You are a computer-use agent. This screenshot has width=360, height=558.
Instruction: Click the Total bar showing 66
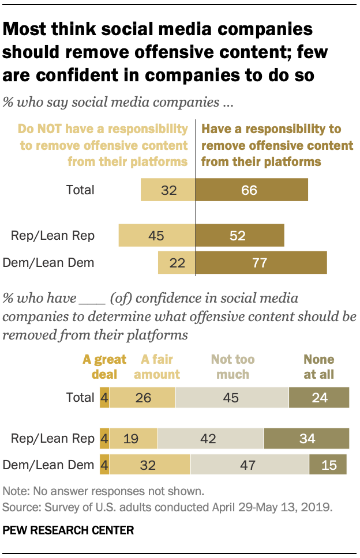coord(252,190)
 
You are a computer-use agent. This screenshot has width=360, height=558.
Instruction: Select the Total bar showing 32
coord(168,190)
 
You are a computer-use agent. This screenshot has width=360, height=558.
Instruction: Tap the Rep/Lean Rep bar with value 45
coord(157,235)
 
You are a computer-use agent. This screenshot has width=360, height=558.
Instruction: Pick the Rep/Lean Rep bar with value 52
coord(239,235)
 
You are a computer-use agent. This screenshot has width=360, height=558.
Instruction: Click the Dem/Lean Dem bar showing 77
coord(261,263)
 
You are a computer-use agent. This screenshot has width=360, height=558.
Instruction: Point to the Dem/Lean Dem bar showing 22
coord(177,263)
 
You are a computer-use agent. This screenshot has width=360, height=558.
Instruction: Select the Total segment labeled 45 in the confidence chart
coord(231,398)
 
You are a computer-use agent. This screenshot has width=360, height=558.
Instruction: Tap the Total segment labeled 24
coord(318,398)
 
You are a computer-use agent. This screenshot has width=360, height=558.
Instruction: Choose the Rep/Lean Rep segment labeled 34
coord(306,439)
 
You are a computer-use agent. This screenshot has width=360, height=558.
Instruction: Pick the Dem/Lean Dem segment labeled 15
coord(328,465)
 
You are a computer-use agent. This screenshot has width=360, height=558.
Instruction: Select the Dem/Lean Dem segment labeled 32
coord(150,465)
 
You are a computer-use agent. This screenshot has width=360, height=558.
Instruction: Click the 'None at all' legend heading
coord(319,367)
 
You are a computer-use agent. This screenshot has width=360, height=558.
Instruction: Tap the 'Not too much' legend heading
coord(233,367)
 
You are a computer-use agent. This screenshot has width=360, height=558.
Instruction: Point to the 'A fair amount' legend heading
coord(157,367)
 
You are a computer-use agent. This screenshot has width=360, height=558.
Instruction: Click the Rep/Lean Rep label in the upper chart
coord(52,235)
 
